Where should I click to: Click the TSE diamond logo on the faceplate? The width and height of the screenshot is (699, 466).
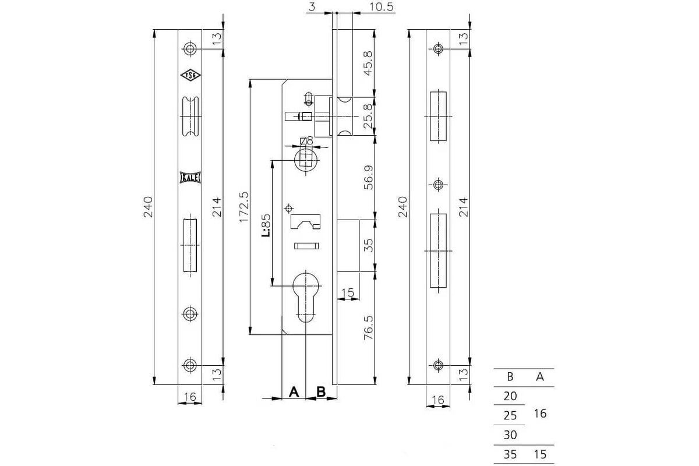190,75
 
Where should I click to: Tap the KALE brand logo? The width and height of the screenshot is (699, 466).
190,178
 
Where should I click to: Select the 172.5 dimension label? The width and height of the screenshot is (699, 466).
244,207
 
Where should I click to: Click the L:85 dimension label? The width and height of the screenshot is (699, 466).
266,225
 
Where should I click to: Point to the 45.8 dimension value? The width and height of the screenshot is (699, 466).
368,63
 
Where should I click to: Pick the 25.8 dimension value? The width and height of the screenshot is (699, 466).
368,116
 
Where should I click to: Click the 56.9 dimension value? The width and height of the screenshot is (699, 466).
368,177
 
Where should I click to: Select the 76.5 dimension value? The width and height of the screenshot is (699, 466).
368,327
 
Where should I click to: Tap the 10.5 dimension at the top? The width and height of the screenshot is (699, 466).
382,6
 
